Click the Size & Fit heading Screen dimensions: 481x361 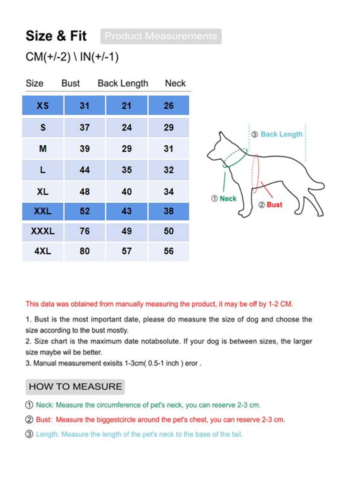click(x=56, y=36)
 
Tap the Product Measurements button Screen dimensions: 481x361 click(x=161, y=36)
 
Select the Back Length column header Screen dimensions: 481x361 click(x=123, y=83)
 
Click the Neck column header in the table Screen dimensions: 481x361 click(x=175, y=83)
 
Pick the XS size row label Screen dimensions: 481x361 click(x=43, y=105)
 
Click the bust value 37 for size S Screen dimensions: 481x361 click(x=85, y=127)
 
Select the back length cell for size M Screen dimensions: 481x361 click(x=127, y=149)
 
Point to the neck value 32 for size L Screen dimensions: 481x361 click(x=169, y=170)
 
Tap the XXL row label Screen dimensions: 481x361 click(x=43, y=211)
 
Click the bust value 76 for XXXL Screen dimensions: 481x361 click(x=85, y=231)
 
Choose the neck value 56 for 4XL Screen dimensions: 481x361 click(x=169, y=251)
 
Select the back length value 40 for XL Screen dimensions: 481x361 click(x=127, y=192)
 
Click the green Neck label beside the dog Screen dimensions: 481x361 click(x=228, y=199)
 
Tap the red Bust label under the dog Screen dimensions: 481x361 click(x=274, y=205)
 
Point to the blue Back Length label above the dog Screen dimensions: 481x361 click(x=281, y=134)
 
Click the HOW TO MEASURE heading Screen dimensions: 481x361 click(x=75, y=387)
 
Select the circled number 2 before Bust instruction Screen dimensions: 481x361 click(x=29, y=420)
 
